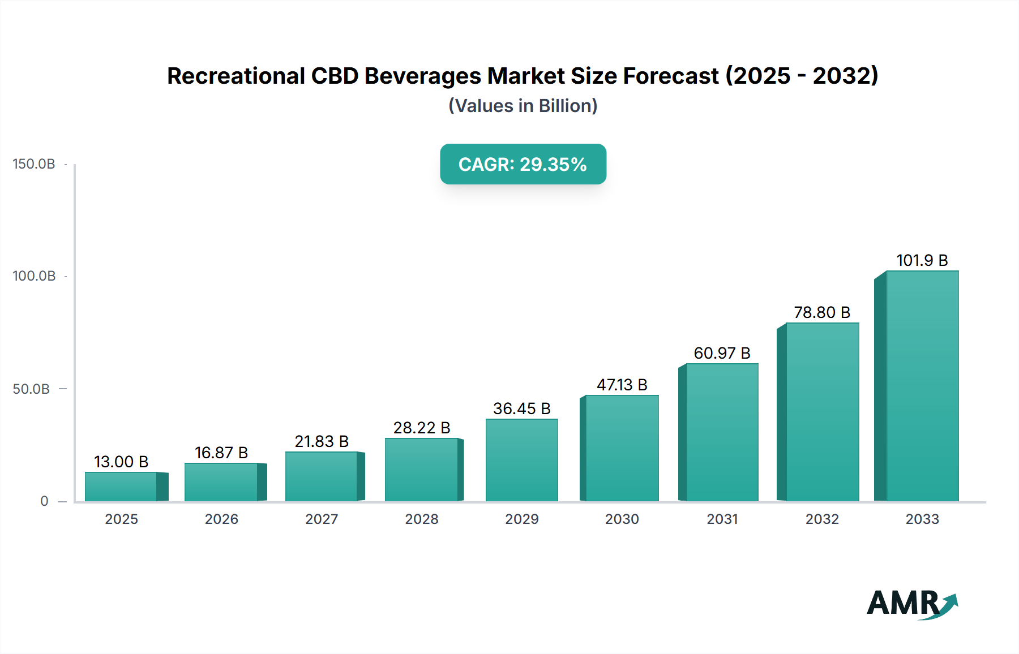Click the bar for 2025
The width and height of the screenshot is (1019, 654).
tap(121, 487)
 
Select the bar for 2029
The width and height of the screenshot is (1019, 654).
tap(521, 460)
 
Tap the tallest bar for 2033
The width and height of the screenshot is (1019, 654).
tap(922, 386)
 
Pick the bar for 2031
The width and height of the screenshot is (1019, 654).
tap(722, 432)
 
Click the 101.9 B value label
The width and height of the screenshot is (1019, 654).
tap(922, 260)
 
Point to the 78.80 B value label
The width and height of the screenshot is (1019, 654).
tap(822, 312)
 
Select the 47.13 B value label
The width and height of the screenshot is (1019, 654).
tap(622, 385)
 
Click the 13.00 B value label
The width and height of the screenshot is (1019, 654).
tap(121, 462)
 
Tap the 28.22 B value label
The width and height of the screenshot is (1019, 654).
tap(422, 428)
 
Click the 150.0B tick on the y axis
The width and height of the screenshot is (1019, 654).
tap(34, 164)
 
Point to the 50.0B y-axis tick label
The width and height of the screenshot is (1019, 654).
tap(31, 389)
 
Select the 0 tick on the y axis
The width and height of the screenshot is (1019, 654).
tap(44, 501)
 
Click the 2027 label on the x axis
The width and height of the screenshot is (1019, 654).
tap(322, 519)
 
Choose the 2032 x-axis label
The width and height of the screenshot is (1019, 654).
tap(822, 519)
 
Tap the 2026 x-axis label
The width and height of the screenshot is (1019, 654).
tap(221, 519)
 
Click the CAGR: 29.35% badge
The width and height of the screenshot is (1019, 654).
tap(523, 164)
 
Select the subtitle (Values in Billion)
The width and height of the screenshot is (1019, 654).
tap(523, 106)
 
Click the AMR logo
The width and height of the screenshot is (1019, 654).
tap(911, 604)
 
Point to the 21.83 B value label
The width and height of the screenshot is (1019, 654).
tap(322, 441)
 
